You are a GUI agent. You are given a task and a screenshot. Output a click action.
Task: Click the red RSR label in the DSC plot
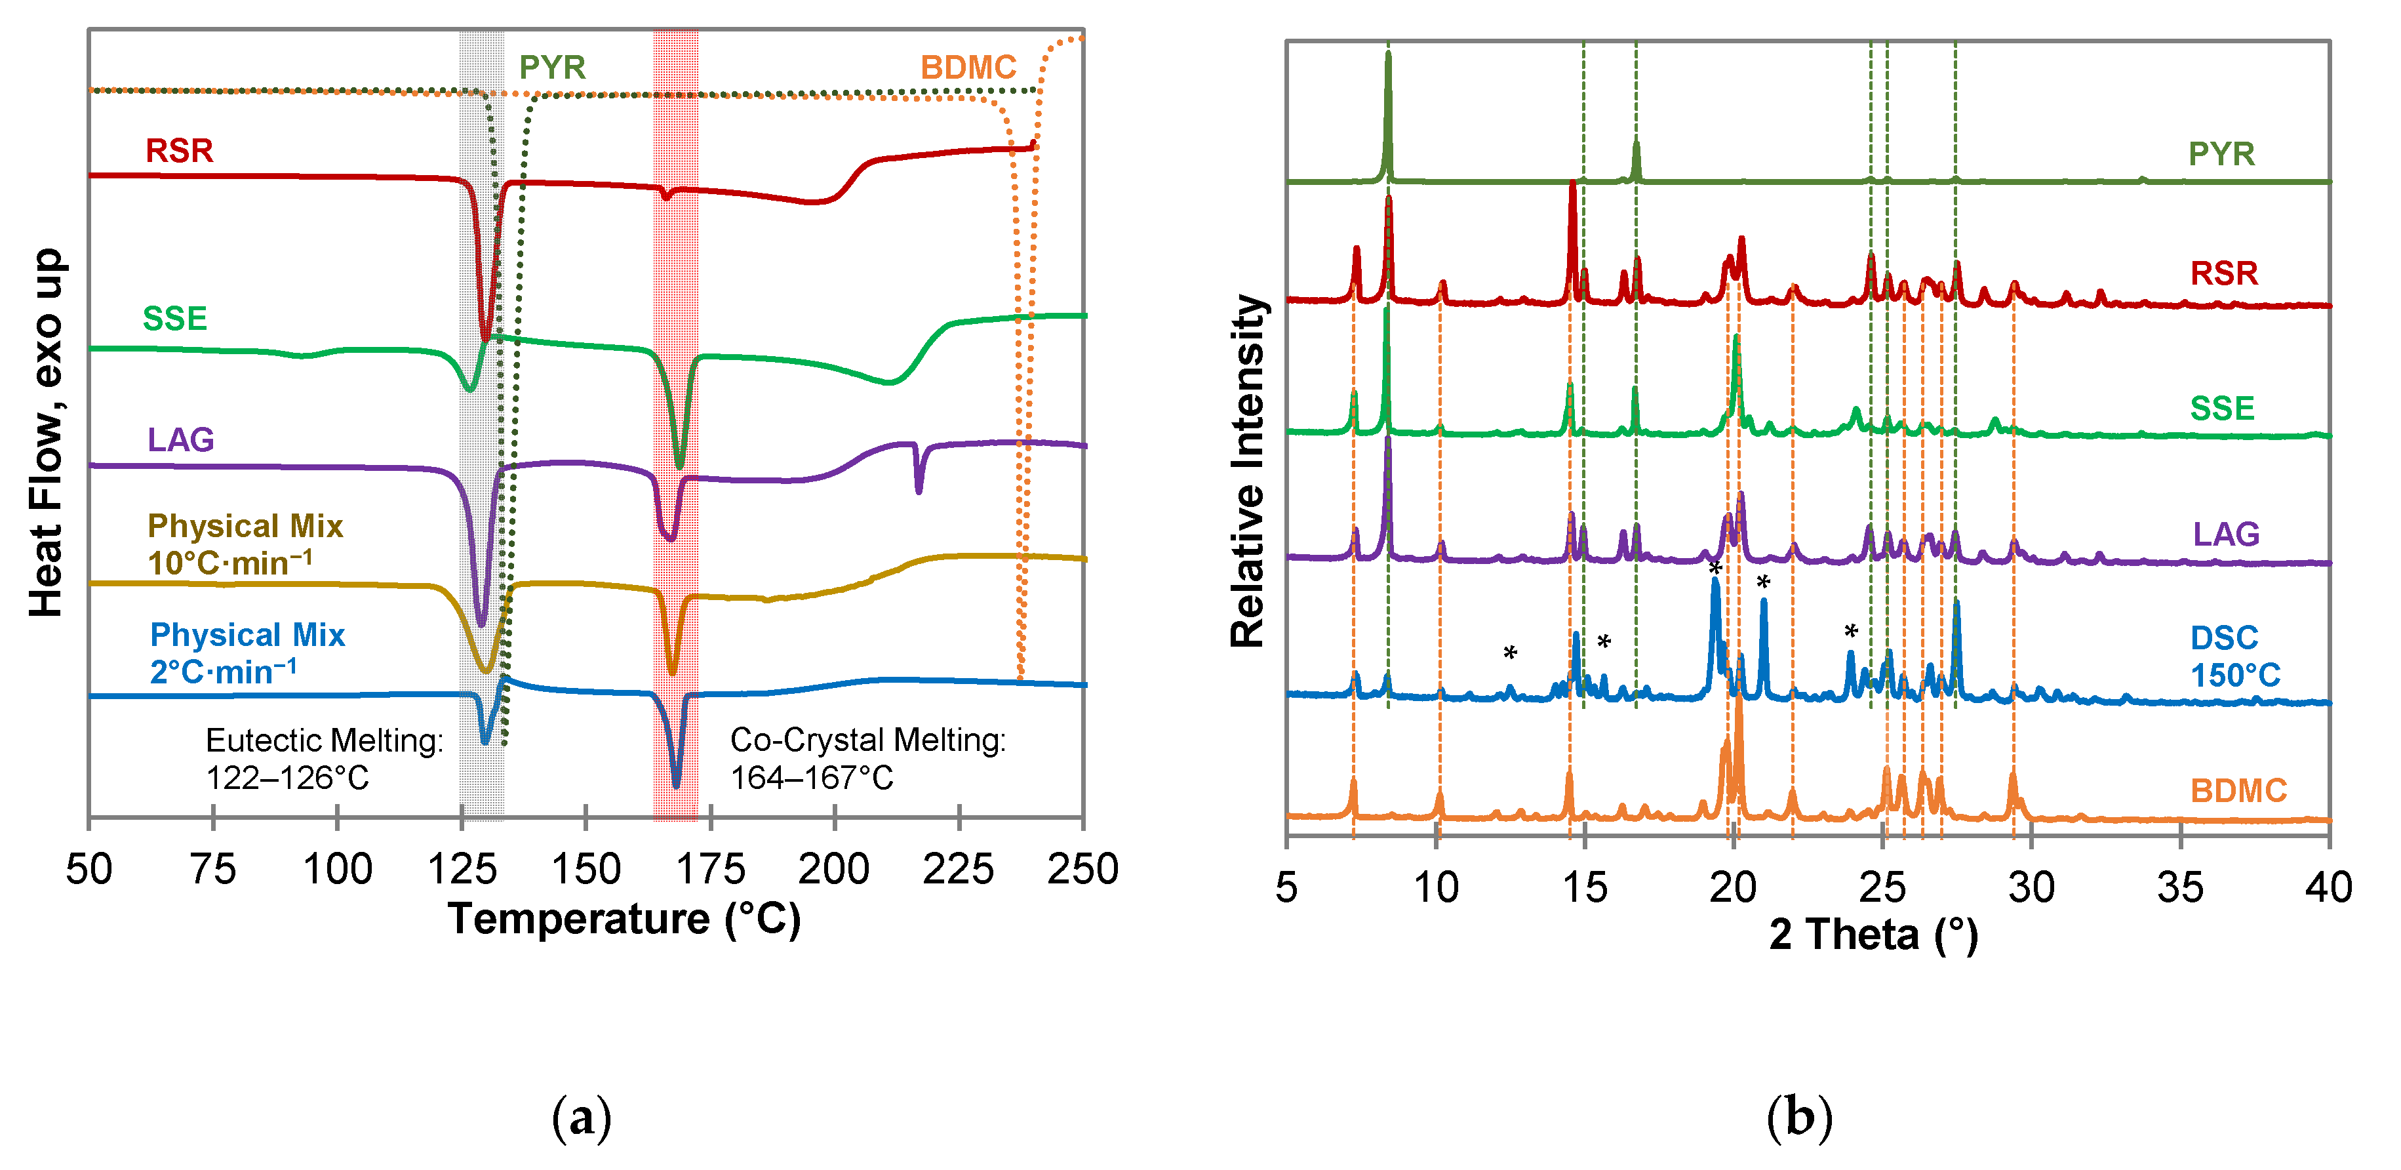[x=179, y=151]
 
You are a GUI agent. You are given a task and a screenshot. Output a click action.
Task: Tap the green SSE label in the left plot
[x=174, y=319]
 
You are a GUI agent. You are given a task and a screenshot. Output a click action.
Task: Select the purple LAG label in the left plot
[x=181, y=440]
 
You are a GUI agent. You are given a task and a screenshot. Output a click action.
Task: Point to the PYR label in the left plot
[x=552, y=67]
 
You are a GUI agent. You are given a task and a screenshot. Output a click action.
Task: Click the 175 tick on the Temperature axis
[x=710, y=869]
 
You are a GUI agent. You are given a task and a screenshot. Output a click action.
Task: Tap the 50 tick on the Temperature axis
[x=89, y=869]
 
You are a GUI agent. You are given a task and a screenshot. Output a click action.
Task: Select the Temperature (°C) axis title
[x=624, y=919]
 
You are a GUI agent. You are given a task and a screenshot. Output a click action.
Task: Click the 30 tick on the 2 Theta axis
[x=2031, y=887]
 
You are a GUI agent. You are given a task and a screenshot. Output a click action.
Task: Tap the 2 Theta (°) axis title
[x=1873, y=934]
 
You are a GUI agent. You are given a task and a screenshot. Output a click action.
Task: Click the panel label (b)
[x=1799, y=1116]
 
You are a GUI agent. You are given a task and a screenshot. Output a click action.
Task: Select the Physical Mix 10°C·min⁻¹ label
[x=245, y=544]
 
